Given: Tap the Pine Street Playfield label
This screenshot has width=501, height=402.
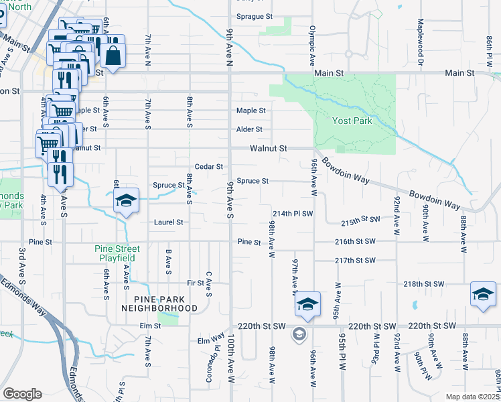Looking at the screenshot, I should pos(115,253).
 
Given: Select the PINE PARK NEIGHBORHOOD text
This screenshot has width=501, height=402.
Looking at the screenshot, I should pos(159,303).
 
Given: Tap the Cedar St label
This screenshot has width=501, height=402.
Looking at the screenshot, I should pos(208,166).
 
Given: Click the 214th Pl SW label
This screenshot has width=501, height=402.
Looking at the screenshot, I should pos(293,213).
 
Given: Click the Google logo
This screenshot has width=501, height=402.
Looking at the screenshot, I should pos(22,394).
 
